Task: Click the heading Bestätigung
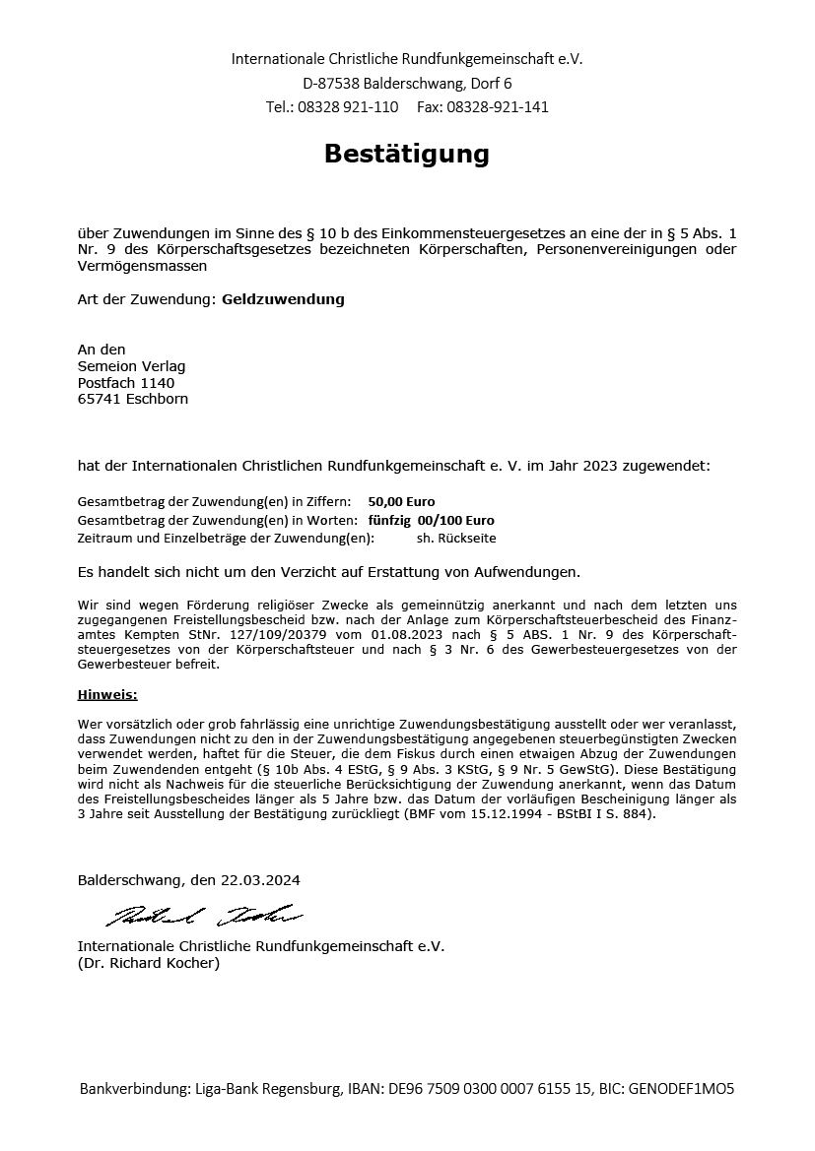pyautogui.click(x=407, y=155)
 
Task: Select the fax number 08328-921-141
pyautogui.click(x=497, y=106)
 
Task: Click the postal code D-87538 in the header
pyautogui.click(x=331, y=83)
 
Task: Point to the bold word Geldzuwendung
pyautogui.click(x=283, y=299)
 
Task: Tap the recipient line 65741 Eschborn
pyautogui.click(x=132, y=400)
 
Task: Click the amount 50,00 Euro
pyautogui.click(x=401, y=501)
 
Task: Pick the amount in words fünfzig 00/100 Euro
pyautogui.click(x=431, y=520)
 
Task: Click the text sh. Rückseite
pyautogui.click(x=456, y=539)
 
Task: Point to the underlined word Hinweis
pyautogui.click(x=105, y=695)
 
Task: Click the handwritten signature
pyautogui.click(x=203, y=917)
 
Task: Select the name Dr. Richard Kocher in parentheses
pyautogui.click(x=149, y=963)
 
